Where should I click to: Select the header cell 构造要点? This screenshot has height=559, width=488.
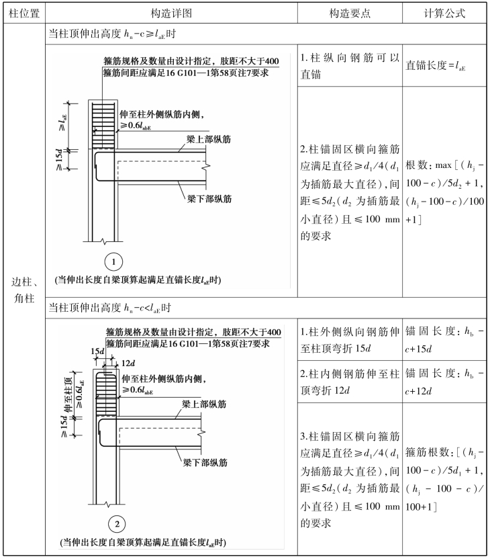pyautogui.click(x=350, y=13)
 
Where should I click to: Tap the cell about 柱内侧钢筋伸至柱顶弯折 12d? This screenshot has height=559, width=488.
pyautogui.click(x=350, y=383)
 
